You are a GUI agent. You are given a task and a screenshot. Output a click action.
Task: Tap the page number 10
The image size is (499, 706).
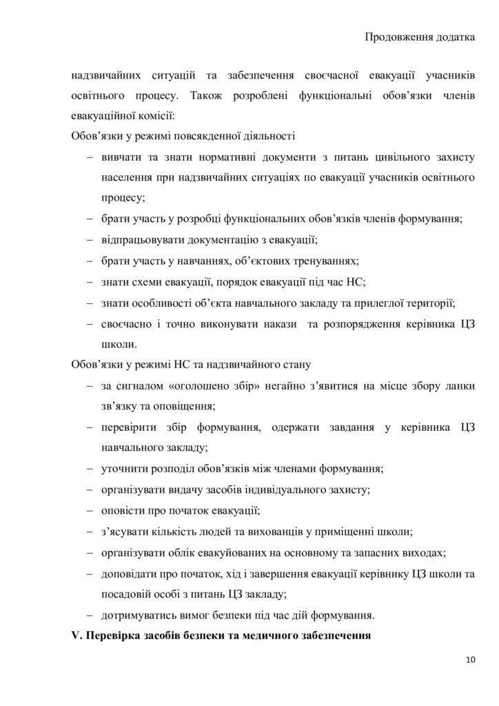coord(470,660)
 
